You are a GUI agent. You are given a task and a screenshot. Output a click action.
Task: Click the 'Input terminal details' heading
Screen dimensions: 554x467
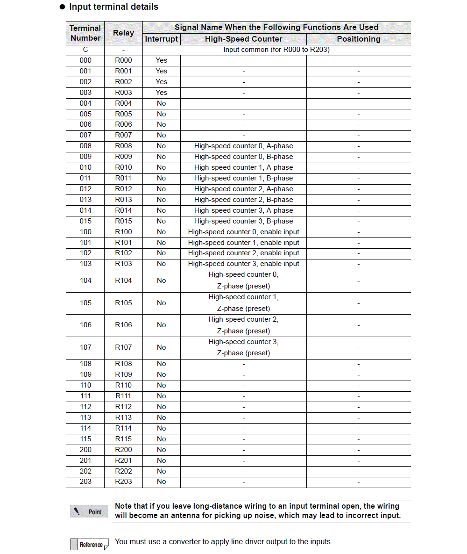click(113, 7)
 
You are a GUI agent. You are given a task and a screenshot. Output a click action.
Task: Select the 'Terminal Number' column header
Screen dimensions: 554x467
click(85, 33)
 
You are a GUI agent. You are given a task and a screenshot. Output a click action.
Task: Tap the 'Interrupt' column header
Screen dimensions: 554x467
click(162, 39)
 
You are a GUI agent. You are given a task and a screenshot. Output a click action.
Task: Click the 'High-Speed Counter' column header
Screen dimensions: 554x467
click(243, 39)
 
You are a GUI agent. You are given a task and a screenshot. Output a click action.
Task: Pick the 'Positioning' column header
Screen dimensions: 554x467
click(359, 39)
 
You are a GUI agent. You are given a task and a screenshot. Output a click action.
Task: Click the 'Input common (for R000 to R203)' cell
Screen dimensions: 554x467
click(276, 50)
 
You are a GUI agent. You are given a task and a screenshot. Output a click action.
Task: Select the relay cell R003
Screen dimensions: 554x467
click(124, 93)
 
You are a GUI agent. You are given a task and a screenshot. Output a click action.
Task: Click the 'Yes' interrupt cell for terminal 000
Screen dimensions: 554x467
click(162, 60)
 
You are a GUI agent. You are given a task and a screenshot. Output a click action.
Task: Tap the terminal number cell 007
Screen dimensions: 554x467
click(85, 135)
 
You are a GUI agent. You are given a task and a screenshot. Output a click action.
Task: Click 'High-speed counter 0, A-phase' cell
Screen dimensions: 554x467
click(243, 146)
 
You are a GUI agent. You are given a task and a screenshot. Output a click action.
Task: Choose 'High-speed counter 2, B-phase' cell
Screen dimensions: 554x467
click(243, 200)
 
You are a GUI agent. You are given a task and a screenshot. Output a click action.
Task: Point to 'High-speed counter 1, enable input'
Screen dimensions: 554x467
click(243, 243)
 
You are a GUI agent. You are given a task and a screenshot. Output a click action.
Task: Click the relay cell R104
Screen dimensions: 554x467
click(124, 281)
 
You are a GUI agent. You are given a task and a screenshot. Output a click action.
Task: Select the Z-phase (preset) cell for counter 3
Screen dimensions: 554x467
click(243, 347)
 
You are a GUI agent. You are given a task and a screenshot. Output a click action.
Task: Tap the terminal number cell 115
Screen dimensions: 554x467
click(85, 439)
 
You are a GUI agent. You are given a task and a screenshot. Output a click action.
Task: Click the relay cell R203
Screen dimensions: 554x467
click(124, 482)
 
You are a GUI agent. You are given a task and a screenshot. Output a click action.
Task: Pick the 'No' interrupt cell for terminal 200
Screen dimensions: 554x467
click(162, 450)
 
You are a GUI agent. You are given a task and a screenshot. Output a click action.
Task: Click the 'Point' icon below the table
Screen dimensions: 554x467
click(89, 511)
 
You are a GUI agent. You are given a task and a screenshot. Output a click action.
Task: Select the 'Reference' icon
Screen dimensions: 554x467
click(89, 544)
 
